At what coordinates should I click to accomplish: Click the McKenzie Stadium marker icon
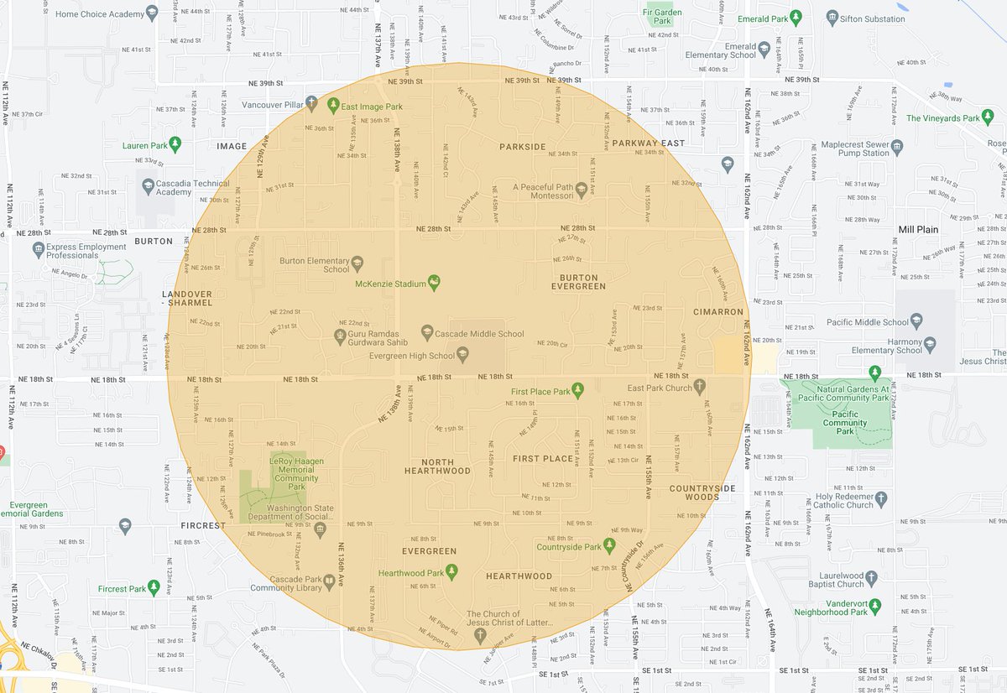(x=434, y=282)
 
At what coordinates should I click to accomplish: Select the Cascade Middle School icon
(x=427, y=333)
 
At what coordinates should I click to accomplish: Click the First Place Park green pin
(x=578, y=391)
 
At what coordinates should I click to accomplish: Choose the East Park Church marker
(x=700, y=387)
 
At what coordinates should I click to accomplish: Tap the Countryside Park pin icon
(x=610, y=546)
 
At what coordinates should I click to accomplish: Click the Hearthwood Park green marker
(x=451, y=572)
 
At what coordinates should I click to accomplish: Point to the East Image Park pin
(x=332, y=106)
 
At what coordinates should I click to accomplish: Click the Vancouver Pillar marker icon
(x=311, y=104)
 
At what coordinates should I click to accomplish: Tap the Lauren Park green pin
(x=175, y=144)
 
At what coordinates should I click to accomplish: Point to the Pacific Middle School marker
(x=916, y=321)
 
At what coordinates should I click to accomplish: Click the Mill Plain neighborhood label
(x=918, y=229)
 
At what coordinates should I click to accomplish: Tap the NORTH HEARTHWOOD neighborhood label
(x=437, y=466)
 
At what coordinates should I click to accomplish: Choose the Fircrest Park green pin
(x=153, y=588)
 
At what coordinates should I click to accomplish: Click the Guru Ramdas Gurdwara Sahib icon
(x=339, y=335)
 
